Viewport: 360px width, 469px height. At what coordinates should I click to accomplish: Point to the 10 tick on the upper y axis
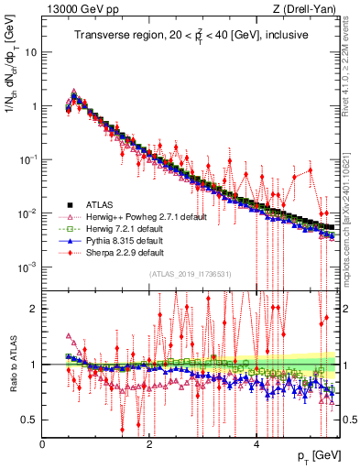31,51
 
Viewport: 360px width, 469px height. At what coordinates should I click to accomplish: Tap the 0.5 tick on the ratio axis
29,420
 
